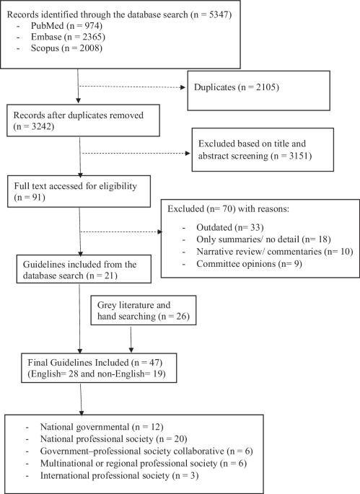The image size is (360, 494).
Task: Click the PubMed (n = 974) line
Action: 66,25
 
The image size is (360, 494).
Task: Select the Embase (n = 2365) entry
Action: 68,37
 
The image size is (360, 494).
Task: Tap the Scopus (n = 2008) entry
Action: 66,48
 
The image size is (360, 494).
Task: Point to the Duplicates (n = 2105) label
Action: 237,87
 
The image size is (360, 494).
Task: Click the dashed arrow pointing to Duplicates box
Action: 133,87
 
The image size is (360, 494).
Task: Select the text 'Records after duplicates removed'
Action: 78,115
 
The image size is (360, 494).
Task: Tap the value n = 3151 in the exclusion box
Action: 291,156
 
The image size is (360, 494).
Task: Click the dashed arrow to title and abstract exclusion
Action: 136,154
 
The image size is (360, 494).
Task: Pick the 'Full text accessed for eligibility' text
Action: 75,186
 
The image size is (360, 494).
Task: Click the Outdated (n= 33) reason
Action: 230,227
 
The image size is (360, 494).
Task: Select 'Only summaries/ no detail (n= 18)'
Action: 263,239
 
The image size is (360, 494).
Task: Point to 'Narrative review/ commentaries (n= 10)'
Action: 275,252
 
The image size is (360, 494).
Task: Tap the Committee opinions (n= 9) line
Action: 249,263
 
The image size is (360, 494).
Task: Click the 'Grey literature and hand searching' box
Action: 144,310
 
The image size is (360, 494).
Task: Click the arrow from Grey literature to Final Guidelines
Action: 131,340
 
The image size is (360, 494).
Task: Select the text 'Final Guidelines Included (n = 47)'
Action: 95,362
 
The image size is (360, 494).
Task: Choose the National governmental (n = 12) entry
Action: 102,427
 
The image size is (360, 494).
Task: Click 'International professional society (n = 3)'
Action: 119,475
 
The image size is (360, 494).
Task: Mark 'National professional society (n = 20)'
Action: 113,439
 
